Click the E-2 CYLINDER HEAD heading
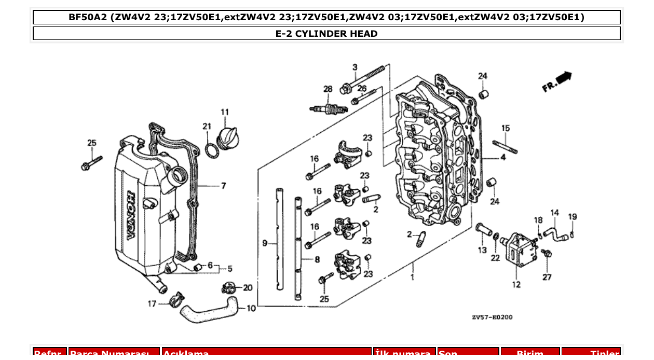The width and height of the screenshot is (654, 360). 326,34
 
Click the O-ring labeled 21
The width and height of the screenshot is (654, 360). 211,151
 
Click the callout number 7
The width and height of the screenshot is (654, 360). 223,186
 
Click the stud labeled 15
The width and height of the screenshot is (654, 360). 505,147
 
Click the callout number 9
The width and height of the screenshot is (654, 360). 265,243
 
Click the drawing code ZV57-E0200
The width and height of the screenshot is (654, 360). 492,317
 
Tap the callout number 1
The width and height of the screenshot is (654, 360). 413,278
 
